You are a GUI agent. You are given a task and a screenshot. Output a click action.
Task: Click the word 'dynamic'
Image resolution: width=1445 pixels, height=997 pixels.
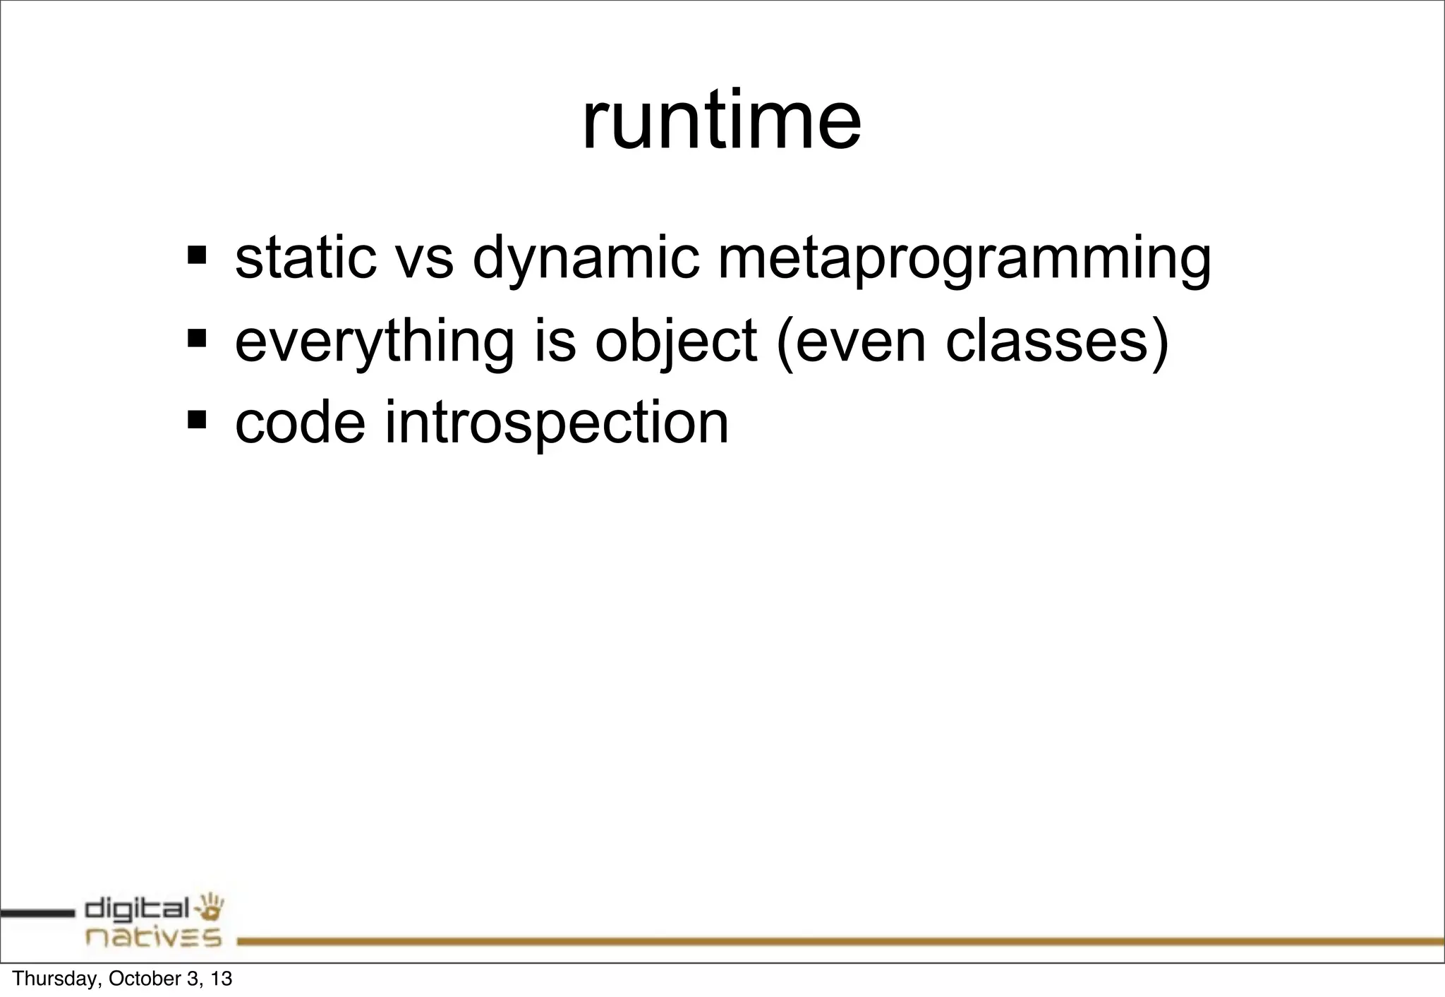[586, 260]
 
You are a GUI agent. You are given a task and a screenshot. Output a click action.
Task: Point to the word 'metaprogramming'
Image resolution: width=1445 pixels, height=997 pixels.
[964, 260]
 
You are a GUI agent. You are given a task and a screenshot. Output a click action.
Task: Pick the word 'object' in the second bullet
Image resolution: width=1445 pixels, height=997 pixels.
[676, 342]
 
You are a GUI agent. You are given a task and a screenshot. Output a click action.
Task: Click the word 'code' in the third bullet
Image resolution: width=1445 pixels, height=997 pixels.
[300, 423]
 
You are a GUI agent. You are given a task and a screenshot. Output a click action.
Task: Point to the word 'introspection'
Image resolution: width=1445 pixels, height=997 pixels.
[556, 424]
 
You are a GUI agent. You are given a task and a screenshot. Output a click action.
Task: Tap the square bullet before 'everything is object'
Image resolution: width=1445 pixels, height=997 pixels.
[197, 337]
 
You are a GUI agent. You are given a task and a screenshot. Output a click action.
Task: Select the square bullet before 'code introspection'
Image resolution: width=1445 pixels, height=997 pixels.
[197, 420]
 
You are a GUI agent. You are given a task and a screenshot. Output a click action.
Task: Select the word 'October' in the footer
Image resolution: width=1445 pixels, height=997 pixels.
[141, 979]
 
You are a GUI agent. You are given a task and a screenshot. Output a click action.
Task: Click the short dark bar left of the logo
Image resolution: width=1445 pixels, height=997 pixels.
[37, 913]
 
